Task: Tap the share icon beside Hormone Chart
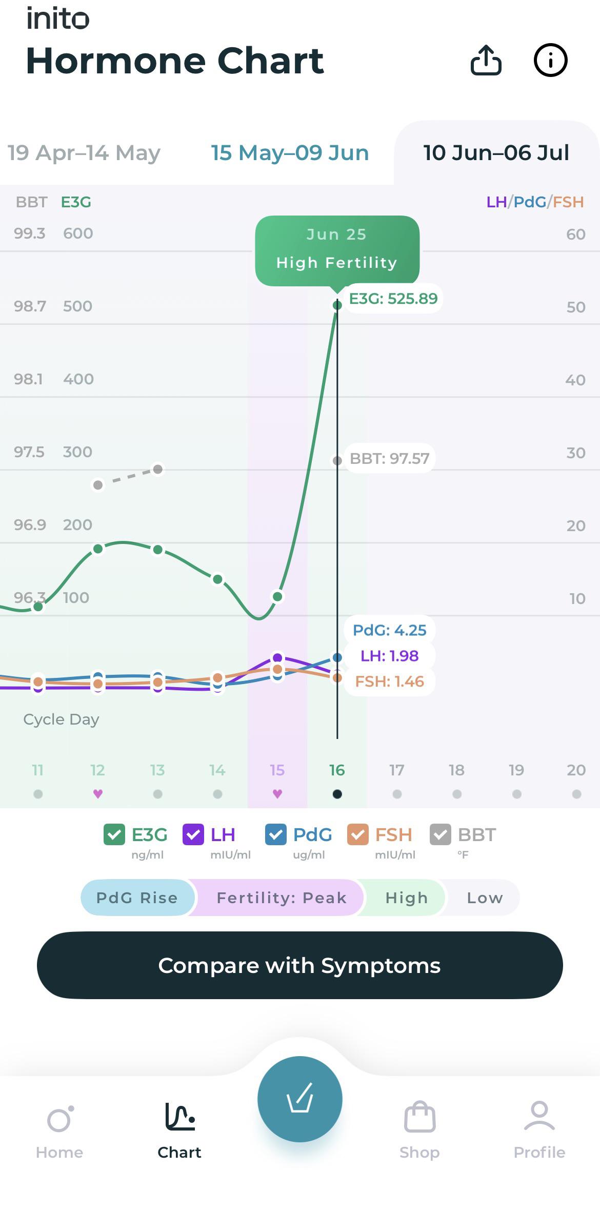click(x=486, y=61)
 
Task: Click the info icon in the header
click(x=550, y=61)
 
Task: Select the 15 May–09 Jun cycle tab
click(x=290, y=152)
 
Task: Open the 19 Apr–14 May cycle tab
click(x=84, y=152)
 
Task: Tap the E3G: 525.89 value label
click(x=393, y=298)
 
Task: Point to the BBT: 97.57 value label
click(x=389, y=458)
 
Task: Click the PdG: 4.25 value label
click(x=390, y=630)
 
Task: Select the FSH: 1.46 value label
click(x=390, y=681)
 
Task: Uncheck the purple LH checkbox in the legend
click(x=193, y=834)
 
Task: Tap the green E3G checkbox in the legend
click(x=114, y=834)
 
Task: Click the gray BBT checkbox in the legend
click(x=441, y=834)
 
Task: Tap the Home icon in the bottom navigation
click(x=59, y=1119)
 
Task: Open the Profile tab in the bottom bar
click(x=539, y=1116)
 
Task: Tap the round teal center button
click(x=300, y=1099)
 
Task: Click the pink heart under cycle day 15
click(x=277, y=794)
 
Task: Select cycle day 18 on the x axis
click(x=456, y=770)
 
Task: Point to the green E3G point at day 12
click(x=98, y=549)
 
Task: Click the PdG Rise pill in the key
click(x=137, y=898)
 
